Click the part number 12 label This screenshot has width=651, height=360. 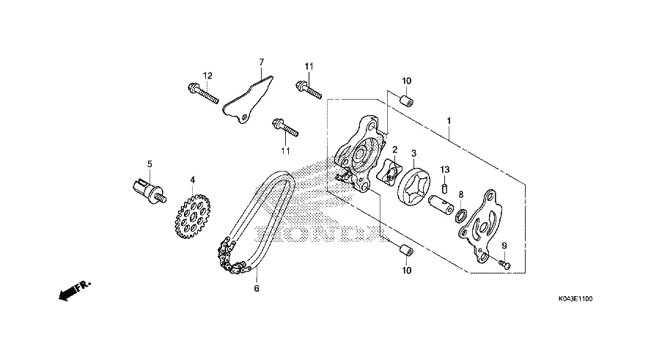click(207, 76)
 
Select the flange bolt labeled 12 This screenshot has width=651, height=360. click(202, 94)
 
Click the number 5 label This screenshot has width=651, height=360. click(149, 164)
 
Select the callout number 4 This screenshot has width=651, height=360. click(193, 179)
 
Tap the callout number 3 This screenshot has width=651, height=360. click(413, 153)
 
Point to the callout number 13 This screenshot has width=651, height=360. click(444, 170)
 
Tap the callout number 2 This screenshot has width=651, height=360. click(394, 150)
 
